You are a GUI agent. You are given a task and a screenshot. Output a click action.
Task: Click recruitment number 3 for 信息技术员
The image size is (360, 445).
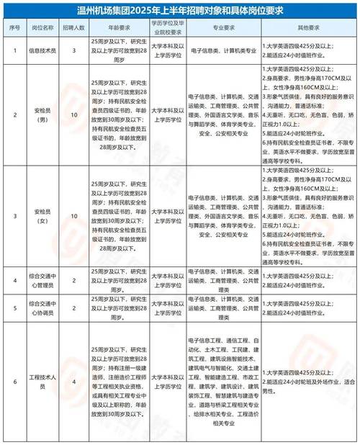tap(78, 50)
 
